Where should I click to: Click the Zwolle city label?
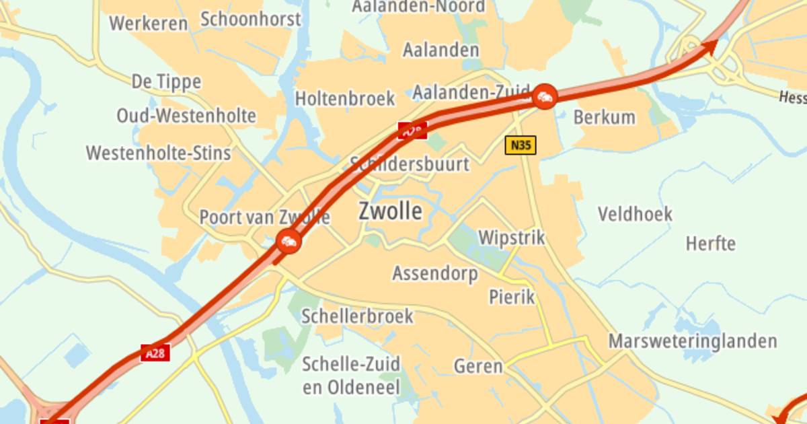click(390, 211)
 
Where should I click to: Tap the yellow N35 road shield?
click(521, 145)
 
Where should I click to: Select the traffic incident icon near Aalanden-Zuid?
click(544, 97)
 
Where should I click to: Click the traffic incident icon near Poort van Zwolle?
click(289, 240)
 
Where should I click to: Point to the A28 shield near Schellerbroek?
click(155, 353)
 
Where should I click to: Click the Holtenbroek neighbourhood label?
click(345, 99)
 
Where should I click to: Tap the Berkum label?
click(604, 117)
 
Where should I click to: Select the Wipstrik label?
click(511, 238)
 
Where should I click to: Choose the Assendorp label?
click(435, 273)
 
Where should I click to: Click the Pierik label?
click(512, 296)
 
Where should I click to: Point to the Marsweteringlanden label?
click(693, 341)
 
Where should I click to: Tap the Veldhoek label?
click(635, 214)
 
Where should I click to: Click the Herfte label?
click(710, 243)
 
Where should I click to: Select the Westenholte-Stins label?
click(158, 153)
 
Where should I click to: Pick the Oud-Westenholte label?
click(186, 116)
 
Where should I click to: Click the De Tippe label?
click(166, 82)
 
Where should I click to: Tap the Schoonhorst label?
click(250, 19)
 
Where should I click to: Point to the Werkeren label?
click(148, 24)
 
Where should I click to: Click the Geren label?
click(478, 366)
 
